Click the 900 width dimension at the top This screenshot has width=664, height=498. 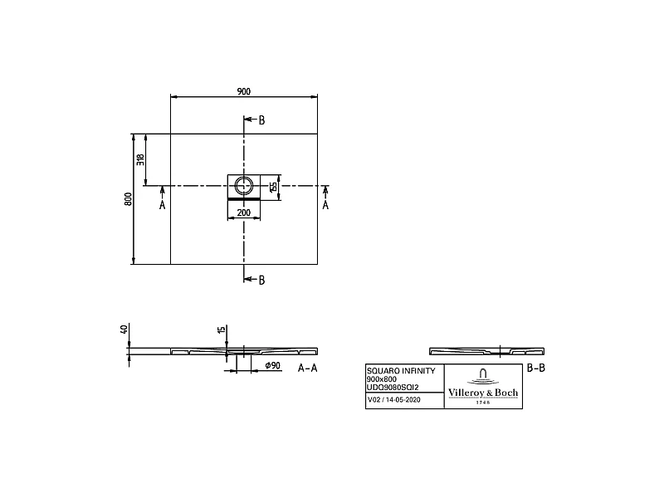click(x=244, y=91)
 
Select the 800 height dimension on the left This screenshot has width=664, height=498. click(x=128, y=199)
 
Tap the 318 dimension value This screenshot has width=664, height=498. click(x=140, y=159)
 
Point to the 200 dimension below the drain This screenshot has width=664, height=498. click(x=244, y=213)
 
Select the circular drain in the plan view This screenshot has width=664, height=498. click(x=244, y=185)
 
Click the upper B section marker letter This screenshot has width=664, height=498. click(x=261, y=120)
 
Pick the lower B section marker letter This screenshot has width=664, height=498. click(x=261, y=280)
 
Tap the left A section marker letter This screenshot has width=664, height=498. click(x=162, y=204)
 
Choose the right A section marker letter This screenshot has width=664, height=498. click(x=325, y=204)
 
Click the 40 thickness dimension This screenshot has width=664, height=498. click(x=124, y=330)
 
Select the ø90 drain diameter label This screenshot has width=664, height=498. click(x=271, y=366)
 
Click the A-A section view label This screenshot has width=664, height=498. click(x=307, y=367)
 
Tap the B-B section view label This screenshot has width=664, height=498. click(x=536, y=367)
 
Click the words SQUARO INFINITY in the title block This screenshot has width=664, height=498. click(x=399, y=370)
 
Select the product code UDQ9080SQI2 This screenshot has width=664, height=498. click(x=393, y=387)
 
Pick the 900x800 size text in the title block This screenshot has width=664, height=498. click(x=382, y=378)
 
